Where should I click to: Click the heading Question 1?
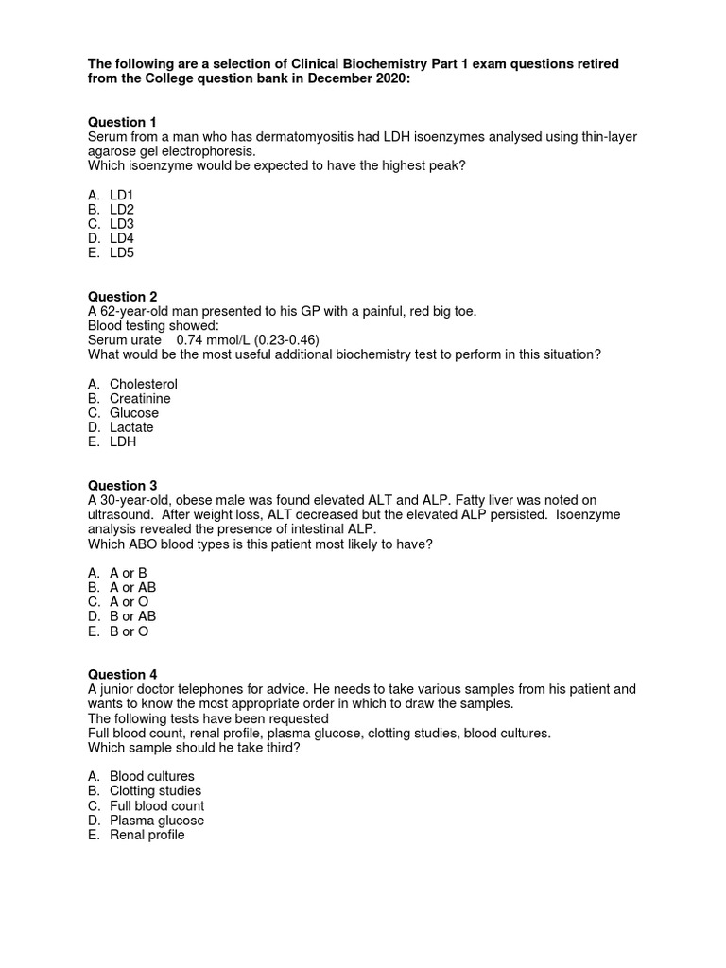[x=122, y=122]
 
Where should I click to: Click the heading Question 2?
[x=122, y=297]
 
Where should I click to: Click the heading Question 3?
[x=122, y=486]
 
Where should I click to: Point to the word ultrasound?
[x=122, y=515]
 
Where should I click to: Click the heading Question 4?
[x=122, y=675]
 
